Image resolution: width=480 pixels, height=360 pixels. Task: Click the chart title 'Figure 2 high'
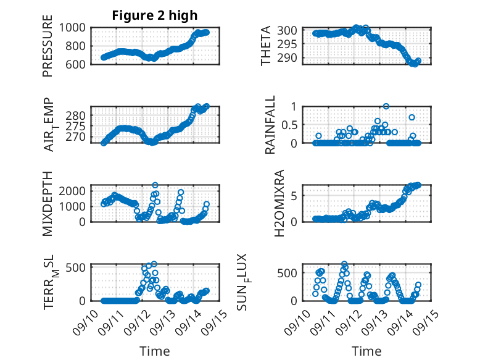(154, 15)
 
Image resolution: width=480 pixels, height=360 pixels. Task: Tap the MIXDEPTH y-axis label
(48, 203)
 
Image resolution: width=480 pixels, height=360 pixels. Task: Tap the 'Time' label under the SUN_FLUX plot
(366, 351)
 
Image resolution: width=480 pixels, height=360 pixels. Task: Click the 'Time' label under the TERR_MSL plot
(154, 351)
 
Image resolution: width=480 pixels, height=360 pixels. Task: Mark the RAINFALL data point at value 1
(386, 106)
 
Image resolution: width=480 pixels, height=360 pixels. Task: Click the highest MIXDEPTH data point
(155, 185)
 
